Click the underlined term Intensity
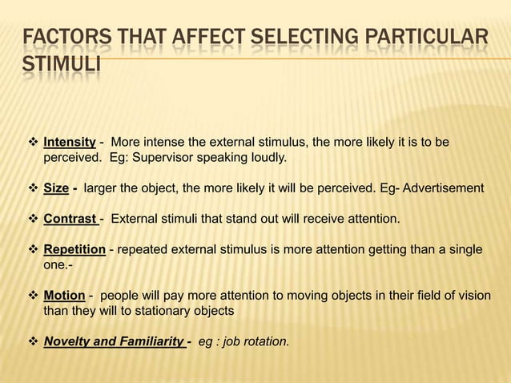(x=69, y=143)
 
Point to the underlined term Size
(x=55, y=188)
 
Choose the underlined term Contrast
(x=70, y=219)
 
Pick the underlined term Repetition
(x=74, y=249)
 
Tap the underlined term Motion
(x=64, y=296)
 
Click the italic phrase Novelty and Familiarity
(x=114, y=342)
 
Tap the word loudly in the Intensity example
(x=267, y=158)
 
